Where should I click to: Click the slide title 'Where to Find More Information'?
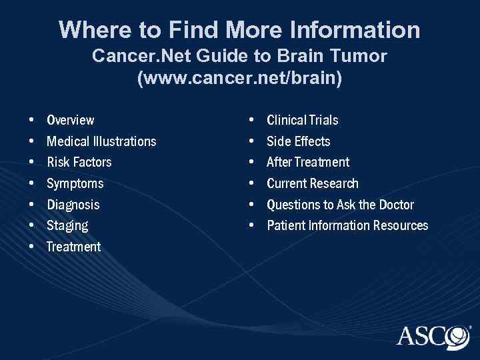[239, 29]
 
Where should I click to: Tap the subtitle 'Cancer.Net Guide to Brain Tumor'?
[239, 56]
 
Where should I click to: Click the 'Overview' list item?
[71, 121]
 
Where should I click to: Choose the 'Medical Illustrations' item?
[101, 141]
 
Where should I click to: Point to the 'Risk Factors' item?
[79, 162]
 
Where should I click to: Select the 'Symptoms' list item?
[75, 183]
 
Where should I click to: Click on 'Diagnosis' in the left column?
[73, 205]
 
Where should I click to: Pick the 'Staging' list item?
[67, 225]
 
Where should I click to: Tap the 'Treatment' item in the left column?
[74, 247]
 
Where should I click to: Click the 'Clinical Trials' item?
[302, 121]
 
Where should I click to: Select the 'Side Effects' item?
[298, 141]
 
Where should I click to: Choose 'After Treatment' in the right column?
[308, 162]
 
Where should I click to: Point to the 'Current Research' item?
[313, 183]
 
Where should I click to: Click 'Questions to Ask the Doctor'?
[340, 205]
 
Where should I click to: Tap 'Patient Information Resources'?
[347, 225]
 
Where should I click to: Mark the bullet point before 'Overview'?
[33, 121]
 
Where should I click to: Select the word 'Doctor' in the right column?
[395, 205]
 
